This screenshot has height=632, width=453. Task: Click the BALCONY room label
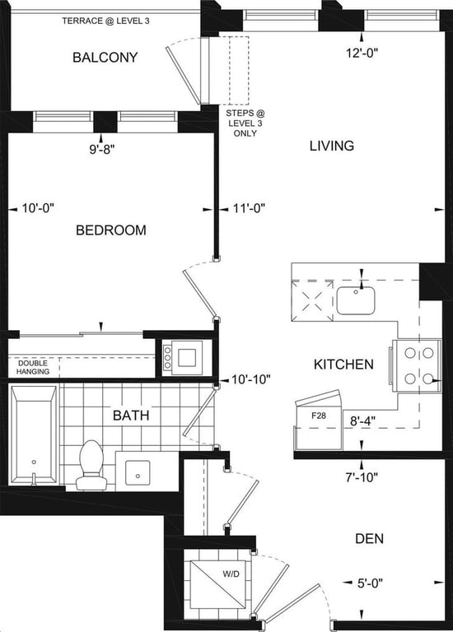coord(105,58)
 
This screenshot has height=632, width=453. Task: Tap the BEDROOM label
coord(111,230)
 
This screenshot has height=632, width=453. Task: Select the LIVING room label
coord(332,146)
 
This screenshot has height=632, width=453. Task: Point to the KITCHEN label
coord(343,365)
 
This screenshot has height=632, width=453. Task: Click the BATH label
coord(131,415)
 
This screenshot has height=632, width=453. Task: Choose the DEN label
coord(370,538)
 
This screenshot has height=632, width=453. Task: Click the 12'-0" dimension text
coord(362,53)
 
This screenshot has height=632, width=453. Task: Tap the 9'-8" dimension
coord(102,150)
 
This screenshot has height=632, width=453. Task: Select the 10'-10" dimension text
coord(250,379)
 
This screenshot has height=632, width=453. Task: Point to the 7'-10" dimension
coord(362,477)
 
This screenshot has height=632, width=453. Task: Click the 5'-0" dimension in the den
coord(370,583)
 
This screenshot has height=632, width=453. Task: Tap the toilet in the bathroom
coord(91,465)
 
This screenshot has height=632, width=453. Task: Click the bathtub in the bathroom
coord(34,434)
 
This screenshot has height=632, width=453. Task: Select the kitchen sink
coord(356,300)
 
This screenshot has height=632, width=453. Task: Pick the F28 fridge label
coord(319,416)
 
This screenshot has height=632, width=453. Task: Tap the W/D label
coord(231,574)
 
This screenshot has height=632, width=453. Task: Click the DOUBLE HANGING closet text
coord(33,367)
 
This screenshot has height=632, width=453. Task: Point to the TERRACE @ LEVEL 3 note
coord(105,21)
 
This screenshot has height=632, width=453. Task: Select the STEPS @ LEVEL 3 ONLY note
coord(245,123)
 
